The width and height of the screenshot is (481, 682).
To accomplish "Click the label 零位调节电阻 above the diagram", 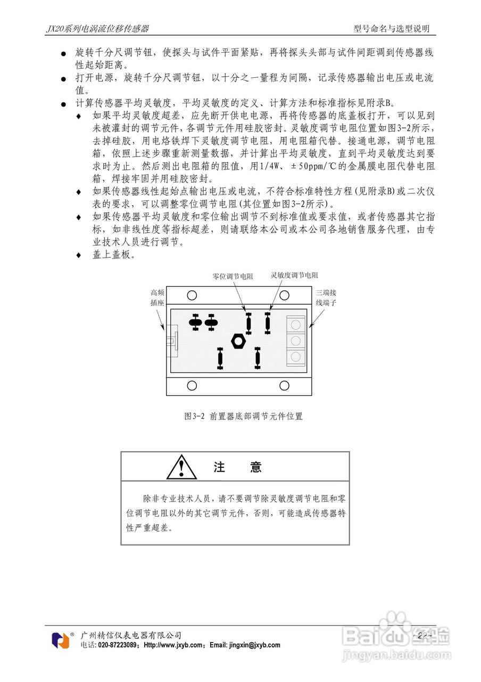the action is click(x=233, y=276).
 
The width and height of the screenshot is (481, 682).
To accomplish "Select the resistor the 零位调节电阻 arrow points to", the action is click(x=248, y=323).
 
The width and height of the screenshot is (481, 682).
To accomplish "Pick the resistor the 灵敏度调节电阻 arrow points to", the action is click(x=268, y=322).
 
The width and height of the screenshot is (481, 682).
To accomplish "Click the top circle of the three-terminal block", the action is click(x=296, y=323).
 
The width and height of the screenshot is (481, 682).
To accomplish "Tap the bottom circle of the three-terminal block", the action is click(x=296, y=356).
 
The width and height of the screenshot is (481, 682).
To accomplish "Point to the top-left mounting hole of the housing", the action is click(x=192, y=295).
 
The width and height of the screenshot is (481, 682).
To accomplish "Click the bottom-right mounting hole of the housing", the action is click(x=285, y=385).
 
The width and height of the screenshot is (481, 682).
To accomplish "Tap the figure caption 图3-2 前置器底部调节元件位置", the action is click(x=243, y=416).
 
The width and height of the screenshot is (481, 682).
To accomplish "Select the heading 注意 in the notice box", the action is click(x=237, y=467).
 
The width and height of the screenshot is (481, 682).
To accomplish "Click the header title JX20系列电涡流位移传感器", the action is click(x=97, y=29).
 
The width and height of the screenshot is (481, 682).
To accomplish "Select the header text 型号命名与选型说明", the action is click(x=392, y=29).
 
